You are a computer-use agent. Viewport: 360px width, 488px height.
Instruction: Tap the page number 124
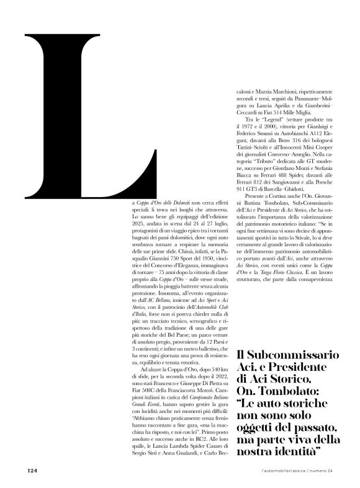[33, 470]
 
